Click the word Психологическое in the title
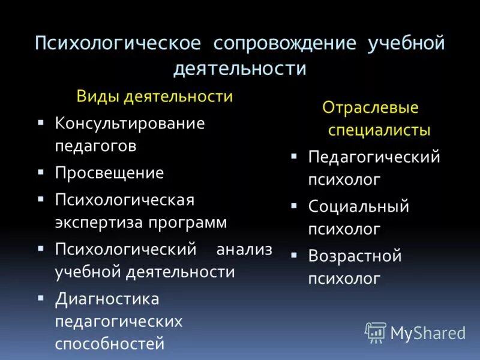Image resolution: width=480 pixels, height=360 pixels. coord(117,44)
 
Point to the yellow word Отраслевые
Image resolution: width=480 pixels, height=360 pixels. coord(371,108)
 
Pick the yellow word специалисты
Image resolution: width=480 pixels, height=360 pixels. coord(379,130)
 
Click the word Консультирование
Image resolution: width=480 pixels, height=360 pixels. coord(130,124)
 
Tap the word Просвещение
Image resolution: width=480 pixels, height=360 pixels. coord(109,173)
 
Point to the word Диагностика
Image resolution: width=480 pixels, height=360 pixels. coord(107,298)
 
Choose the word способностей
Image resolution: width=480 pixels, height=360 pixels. coord(110,344)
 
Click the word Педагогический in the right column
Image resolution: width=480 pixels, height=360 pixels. coord(374,157)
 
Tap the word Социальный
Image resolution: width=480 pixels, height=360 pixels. coord(359,206)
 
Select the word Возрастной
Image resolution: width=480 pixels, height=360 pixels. coord(355,256)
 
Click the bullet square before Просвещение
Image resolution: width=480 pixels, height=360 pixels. coord(40,172)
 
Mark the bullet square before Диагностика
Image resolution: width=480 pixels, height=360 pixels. coord(40,297)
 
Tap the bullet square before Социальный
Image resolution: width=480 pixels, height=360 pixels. coord(294,205)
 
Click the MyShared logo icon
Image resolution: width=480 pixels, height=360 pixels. coord(376,332)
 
